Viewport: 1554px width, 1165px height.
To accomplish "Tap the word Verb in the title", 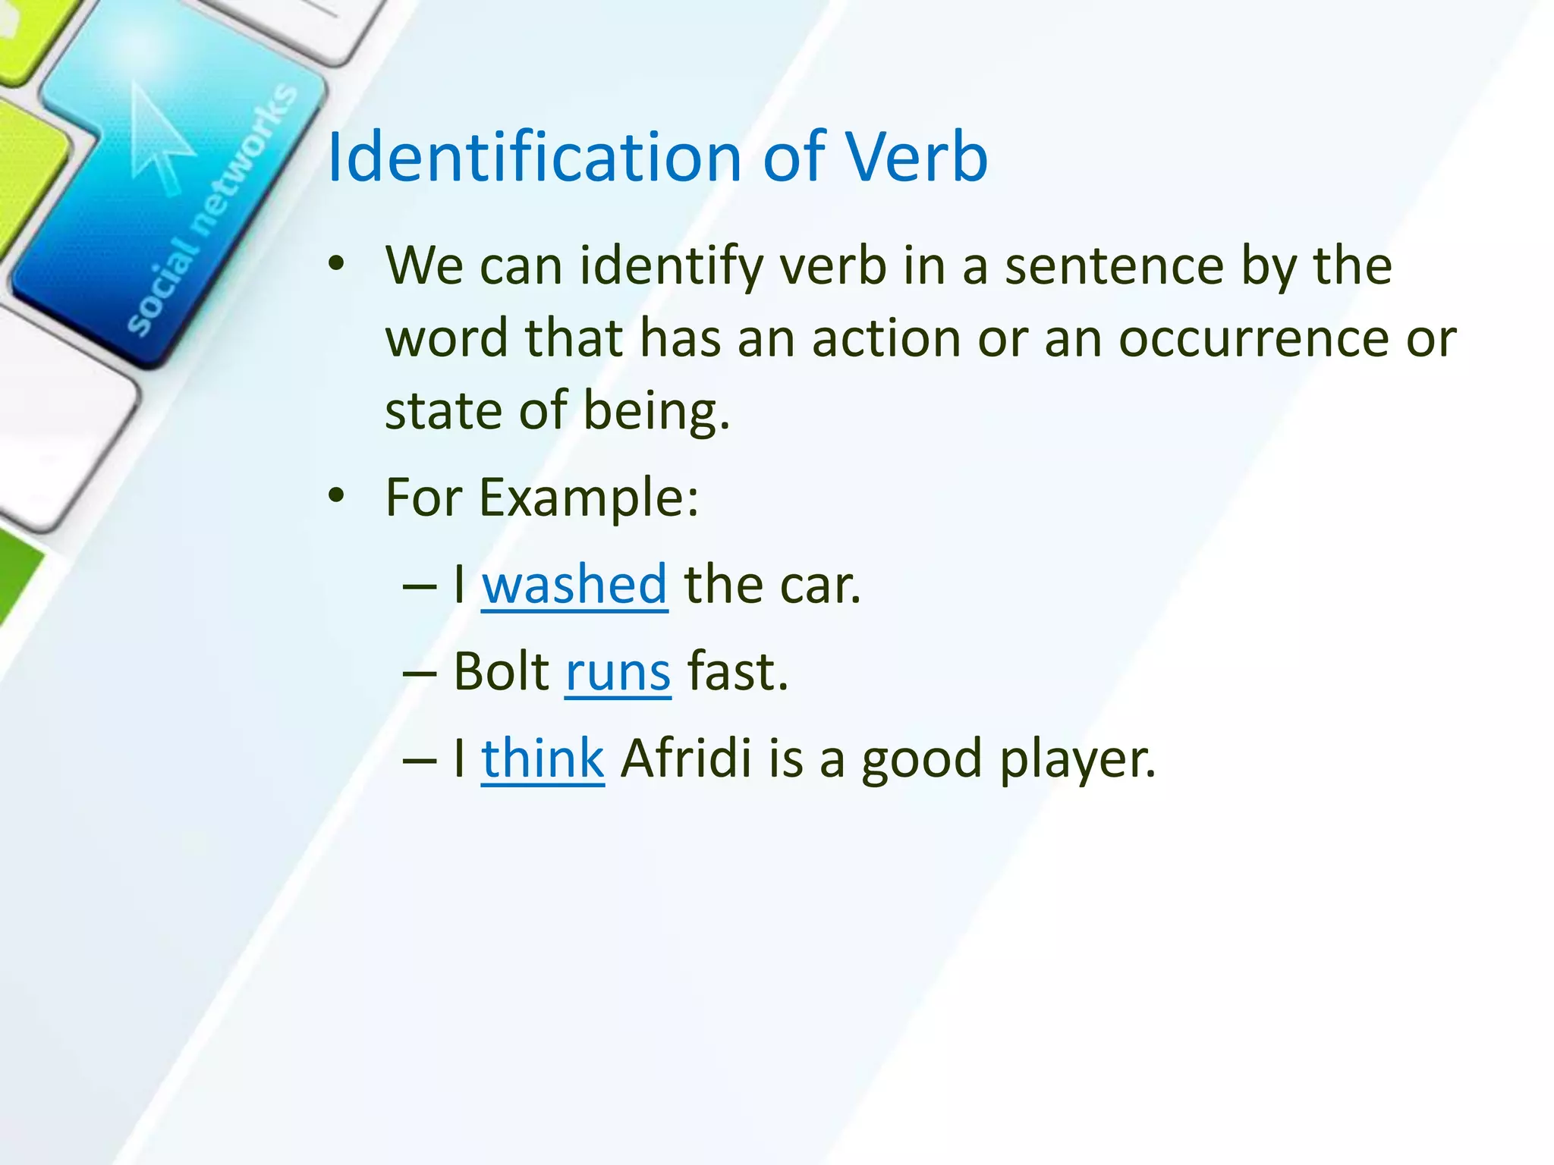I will tap(917, 157).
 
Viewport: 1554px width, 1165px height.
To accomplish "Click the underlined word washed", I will tap(574, 585).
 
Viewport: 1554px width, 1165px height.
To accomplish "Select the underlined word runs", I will tap(618, 672).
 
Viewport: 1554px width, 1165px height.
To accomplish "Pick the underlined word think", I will tap(543, 758).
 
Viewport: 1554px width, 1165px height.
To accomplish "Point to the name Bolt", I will tap(501, 672).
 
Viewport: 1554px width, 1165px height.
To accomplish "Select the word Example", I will tap(588, 498).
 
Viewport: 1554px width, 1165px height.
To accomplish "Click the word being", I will tap(656, 411).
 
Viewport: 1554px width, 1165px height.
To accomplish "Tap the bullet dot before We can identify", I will tap(336, 265).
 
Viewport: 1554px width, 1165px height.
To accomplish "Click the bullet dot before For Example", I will tap(336, 497).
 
